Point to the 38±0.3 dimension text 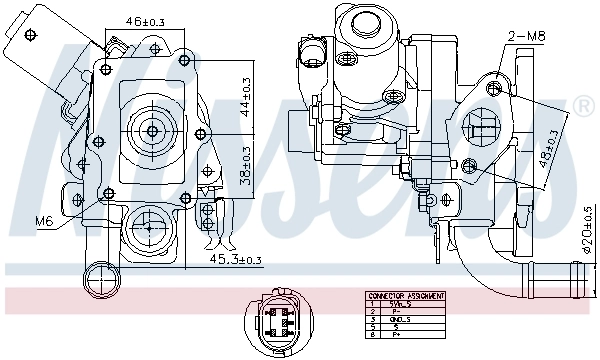(247, 163)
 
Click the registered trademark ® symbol (582, 107)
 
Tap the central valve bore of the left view (152, 129)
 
